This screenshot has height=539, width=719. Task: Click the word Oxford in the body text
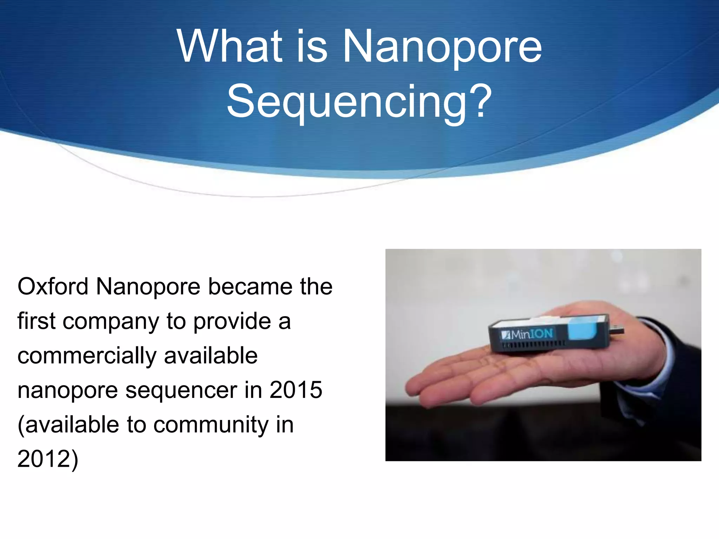click(x=53, y=287)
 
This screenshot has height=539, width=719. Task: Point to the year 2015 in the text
click(x=296, y=390)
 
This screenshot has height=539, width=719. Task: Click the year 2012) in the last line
click(x=48, y=459)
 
